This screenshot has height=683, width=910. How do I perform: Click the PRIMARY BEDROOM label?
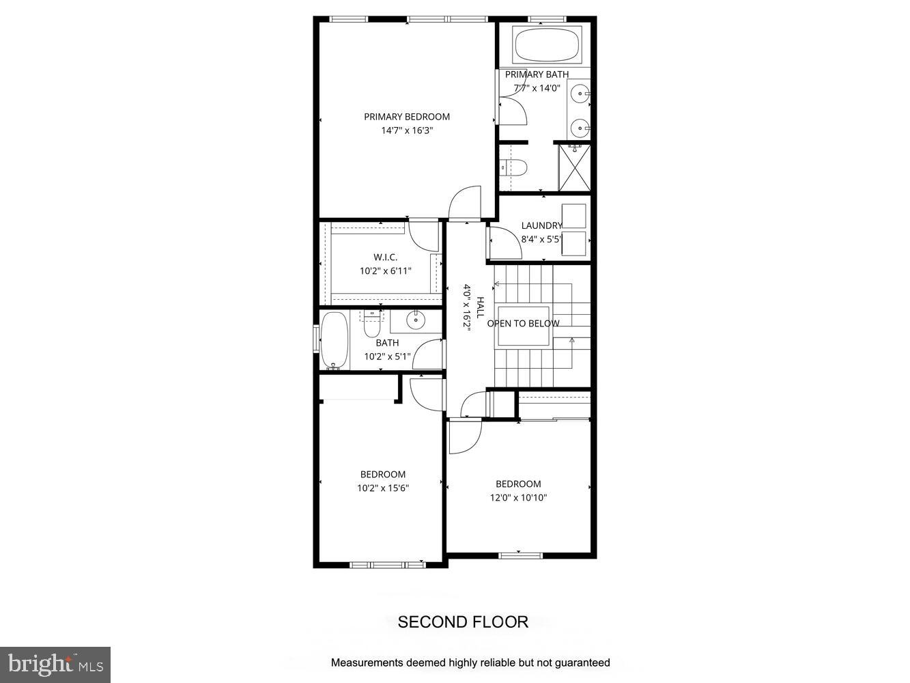pos(406,117)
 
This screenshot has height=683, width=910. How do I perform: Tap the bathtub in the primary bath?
pos(546,45)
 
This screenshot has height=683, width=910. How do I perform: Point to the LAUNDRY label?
pos(541,225)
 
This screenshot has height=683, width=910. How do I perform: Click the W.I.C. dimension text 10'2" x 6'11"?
pos(385,271)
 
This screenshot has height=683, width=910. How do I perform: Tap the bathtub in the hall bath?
pos(334,340)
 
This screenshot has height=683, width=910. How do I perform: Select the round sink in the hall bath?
pos(415,319)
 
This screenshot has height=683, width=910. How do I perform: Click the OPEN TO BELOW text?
pos(523,324)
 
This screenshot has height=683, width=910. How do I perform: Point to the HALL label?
pos(480,307)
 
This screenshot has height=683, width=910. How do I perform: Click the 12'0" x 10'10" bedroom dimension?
pos(518,498)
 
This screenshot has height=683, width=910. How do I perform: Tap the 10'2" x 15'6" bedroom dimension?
pos(382,488)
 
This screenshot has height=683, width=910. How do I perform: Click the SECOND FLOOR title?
pos(463,622)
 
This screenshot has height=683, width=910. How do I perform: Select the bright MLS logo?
pos(55,665)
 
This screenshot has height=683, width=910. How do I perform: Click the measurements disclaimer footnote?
pos(470,663)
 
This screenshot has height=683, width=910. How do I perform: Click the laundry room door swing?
pos(505,242)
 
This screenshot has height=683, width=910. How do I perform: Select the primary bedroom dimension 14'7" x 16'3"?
pos(407,130)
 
